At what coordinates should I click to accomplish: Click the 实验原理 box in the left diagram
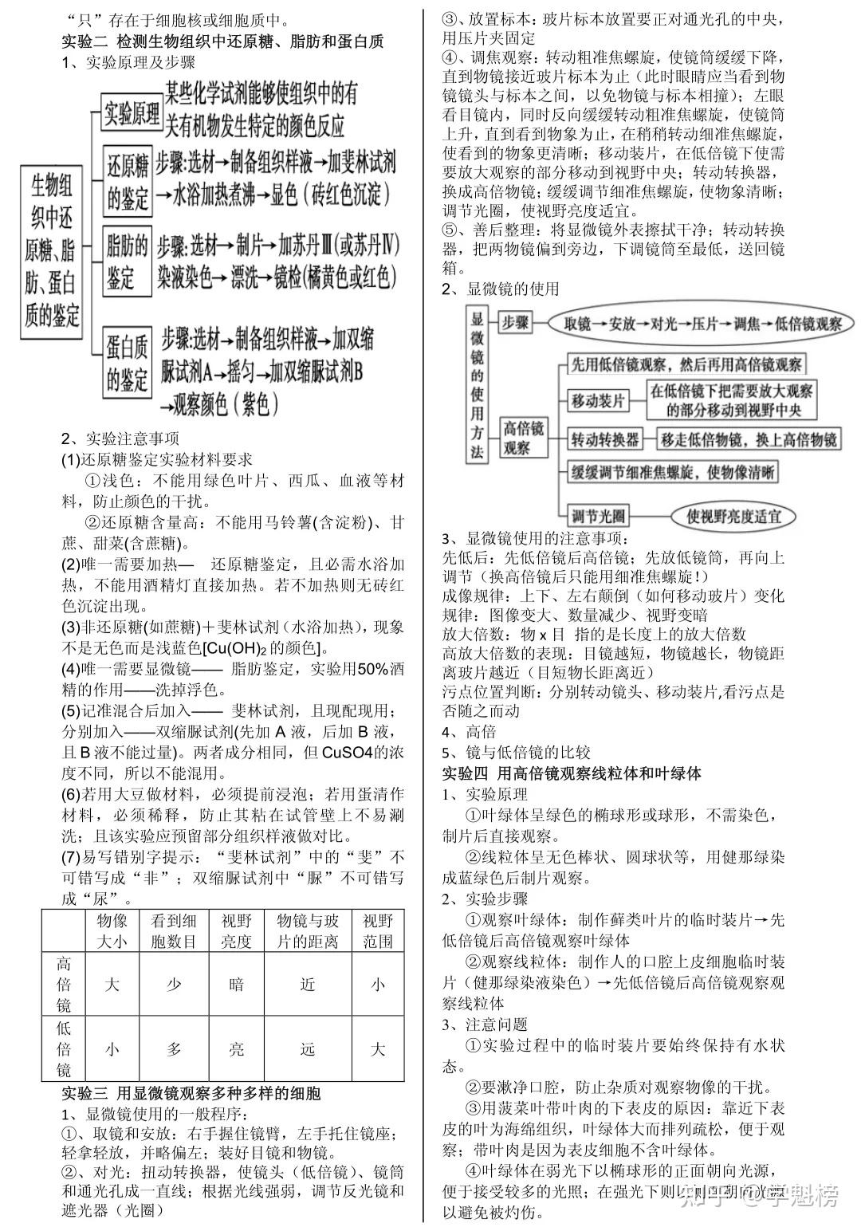(x=132, y=114)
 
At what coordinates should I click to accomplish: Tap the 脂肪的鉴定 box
(x=128, y=262)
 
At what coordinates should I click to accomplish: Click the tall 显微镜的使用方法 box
(x=477, y=384)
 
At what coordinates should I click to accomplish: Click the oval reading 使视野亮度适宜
(x=734, y=515)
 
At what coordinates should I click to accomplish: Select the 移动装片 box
(x=598, y=400)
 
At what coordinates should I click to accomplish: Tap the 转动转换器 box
(x=605, y=439)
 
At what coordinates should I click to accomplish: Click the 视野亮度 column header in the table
(x=236, y=930)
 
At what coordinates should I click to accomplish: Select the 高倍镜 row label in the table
(x=64, y=984)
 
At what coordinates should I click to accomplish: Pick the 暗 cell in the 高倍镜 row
(x=236, y=984)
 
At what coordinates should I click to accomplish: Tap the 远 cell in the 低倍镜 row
(x=308, y=1048)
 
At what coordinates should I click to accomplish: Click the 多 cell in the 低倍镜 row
(x=174, y=1048)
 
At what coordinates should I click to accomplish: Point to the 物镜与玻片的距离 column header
(x=308, y=930)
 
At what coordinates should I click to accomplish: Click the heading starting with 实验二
(x=222, y=41)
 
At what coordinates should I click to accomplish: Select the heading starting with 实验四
(x=572, y=773)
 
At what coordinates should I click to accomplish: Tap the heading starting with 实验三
(x=191, y=1092)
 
